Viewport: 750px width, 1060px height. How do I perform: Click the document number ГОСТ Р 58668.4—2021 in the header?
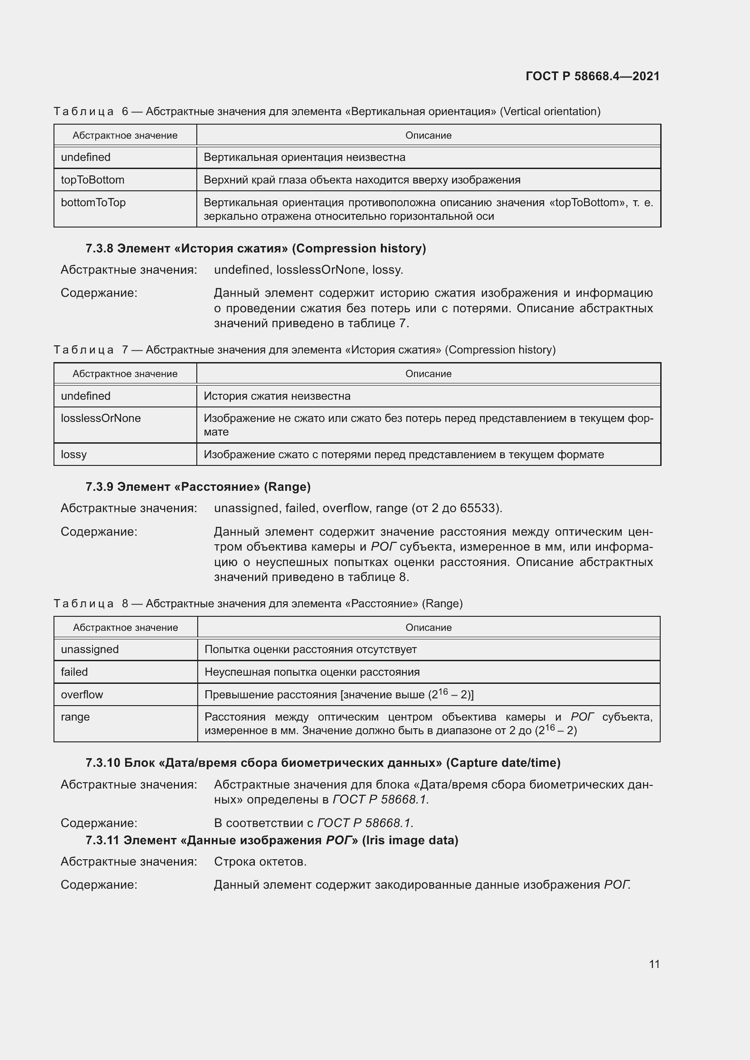(592, 76)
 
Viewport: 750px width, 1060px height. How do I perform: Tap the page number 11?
(654, 964)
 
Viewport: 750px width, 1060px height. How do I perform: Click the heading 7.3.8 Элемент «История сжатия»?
(255, 248)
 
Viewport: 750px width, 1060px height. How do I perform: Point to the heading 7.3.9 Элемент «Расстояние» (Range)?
(198, 487)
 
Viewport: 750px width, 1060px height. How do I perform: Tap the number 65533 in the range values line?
(478, 508)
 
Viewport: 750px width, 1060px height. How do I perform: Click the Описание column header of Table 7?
(428, 374)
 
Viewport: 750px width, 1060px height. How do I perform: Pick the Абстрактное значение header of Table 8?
(125, 627)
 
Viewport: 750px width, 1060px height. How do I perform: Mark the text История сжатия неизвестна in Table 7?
(277, 396)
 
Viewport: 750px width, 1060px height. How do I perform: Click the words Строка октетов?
(260, 862)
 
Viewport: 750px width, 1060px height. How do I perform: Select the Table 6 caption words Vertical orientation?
(550, 111)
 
